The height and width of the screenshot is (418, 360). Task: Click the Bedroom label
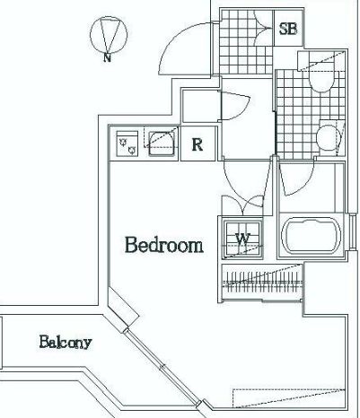pos(163,245)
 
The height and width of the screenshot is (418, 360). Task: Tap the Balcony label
pos(66,342)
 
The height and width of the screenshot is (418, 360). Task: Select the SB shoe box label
pos(288,29)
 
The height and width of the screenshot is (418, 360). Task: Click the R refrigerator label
pos(198,144)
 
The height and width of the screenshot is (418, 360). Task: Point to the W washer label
pos(243,239)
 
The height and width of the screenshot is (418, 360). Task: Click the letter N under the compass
pos(107,57)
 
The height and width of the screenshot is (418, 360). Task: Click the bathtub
pos(312,236)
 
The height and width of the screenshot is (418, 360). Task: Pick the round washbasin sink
pos(328,137)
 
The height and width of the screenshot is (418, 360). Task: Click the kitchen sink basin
pos(162,144)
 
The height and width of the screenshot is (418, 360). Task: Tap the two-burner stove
pos(127,144)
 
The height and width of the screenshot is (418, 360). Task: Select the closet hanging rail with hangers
pos(263,283)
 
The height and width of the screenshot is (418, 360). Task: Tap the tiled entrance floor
pos(246,42)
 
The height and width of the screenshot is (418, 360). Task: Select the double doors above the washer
pos(242,205)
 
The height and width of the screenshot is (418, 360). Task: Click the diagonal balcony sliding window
pos(162,366)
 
